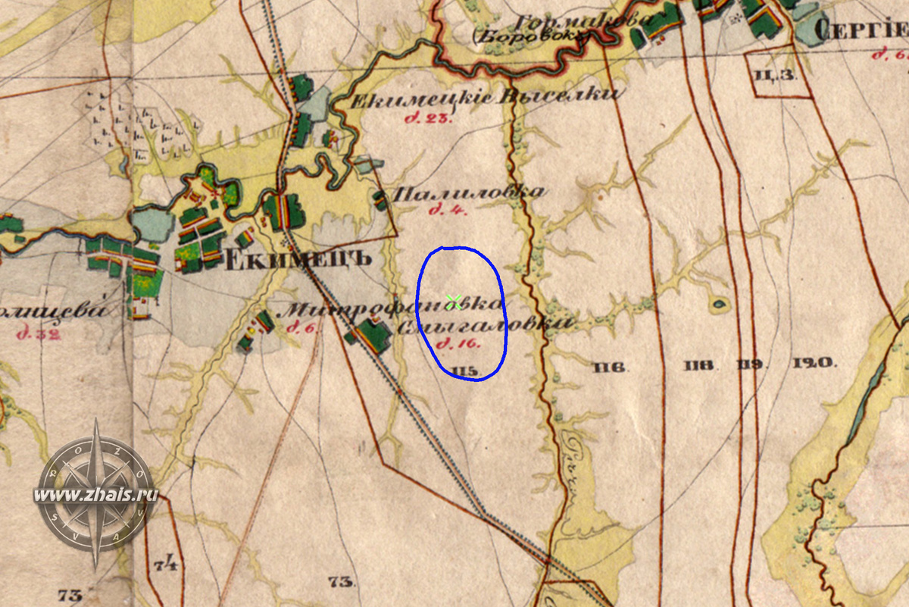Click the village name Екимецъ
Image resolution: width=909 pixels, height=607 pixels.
pos(298,258)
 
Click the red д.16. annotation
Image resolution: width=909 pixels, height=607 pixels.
pos(455,345)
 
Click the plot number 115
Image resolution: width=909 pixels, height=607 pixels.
pos(464,370)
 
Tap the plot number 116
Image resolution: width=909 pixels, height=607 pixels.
pos(609,368)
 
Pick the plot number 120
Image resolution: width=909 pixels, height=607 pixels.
pos(814,363)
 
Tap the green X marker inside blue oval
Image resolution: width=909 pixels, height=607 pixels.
pos(454,302)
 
